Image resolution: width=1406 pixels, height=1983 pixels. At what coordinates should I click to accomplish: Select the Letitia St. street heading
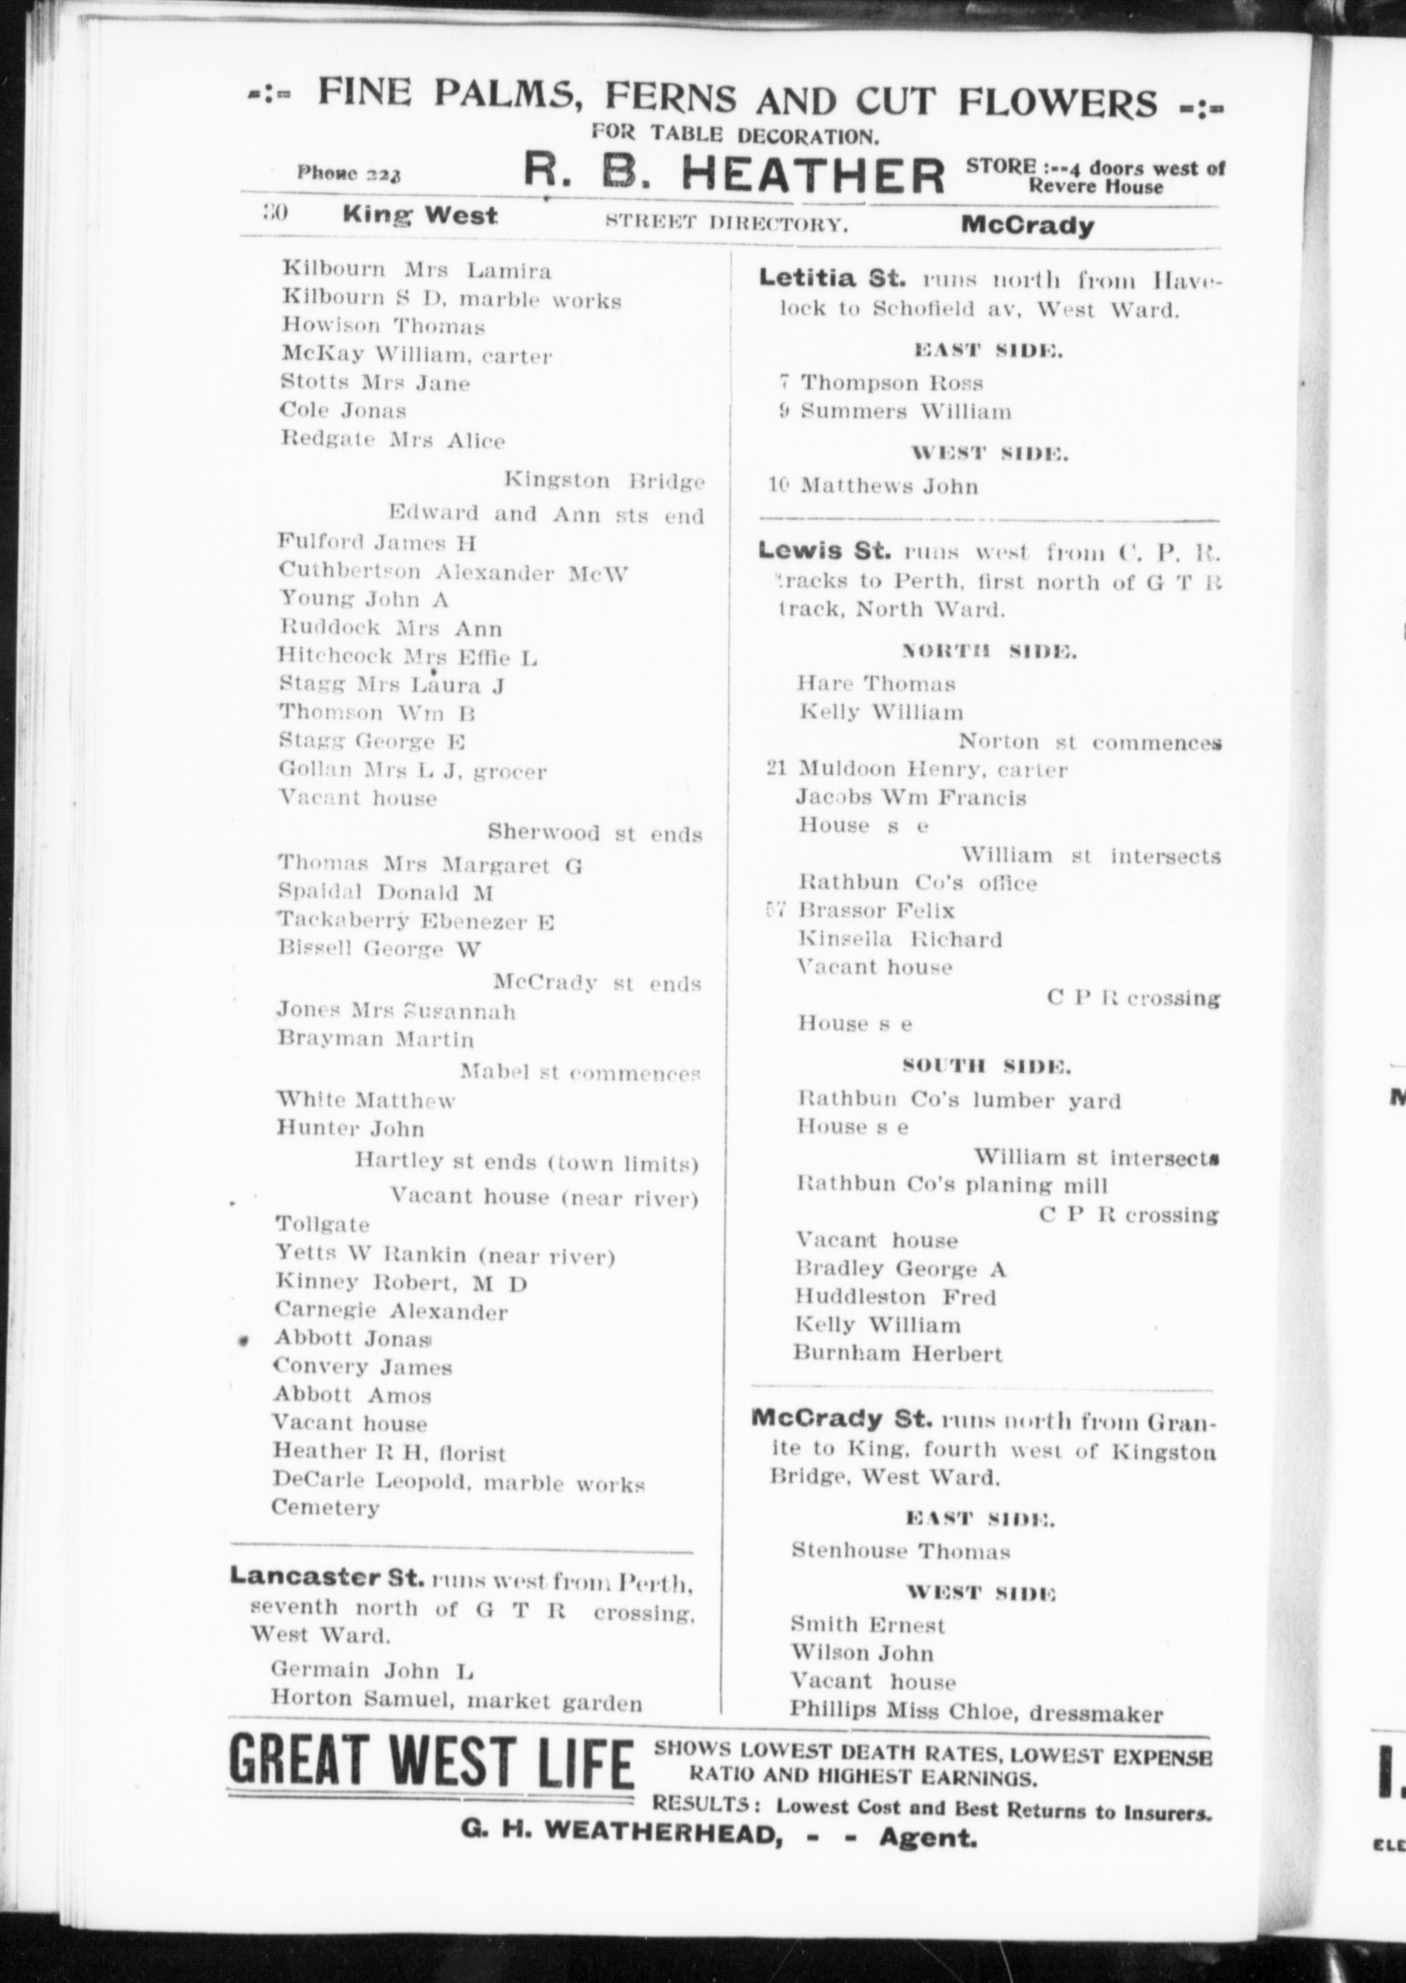click(x=832, y=278)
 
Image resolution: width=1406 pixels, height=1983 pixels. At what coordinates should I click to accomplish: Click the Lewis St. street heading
click(x=824, y=550)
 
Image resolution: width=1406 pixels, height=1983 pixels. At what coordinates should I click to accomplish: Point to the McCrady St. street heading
click(x=841, y=1418)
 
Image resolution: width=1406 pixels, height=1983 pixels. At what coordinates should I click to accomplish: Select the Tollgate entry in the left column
click(x=322, y=1224)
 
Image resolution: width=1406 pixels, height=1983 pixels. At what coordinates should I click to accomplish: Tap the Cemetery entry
click(x=325, y=1507)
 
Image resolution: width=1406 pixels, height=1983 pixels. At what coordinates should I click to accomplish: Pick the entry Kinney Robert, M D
click(x=401, y=1283)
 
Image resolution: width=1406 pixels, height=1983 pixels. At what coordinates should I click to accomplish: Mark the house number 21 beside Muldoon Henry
click(x=776, y=768)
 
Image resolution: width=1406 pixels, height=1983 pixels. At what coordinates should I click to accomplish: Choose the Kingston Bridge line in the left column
click(x=604, y=480)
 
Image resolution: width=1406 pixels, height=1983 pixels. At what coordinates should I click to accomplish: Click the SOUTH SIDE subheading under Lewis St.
click(x=986, y=1065)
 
